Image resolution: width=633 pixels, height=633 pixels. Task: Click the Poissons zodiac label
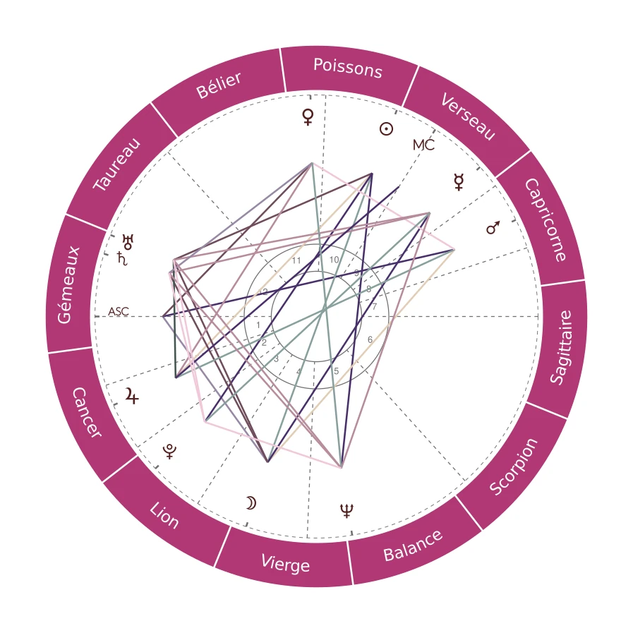[347, 68]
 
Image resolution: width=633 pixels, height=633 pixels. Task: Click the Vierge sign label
[285, 563]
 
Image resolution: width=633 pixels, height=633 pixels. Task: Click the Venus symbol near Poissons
[307, 116]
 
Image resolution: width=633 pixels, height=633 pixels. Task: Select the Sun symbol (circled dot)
[386, 128]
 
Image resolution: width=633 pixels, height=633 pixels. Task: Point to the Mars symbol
[494, 227]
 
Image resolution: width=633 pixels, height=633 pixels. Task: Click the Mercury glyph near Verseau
[459, 183]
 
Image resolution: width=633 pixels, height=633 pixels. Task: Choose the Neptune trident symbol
[346, 510]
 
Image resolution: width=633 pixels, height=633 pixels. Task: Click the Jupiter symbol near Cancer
[131, 397]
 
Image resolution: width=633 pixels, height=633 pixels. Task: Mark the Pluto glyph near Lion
[169, 451]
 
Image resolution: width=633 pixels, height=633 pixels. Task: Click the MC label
[423, 145]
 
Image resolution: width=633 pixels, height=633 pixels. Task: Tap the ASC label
[119, 311]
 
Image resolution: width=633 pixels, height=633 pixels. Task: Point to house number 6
[370, 339]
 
